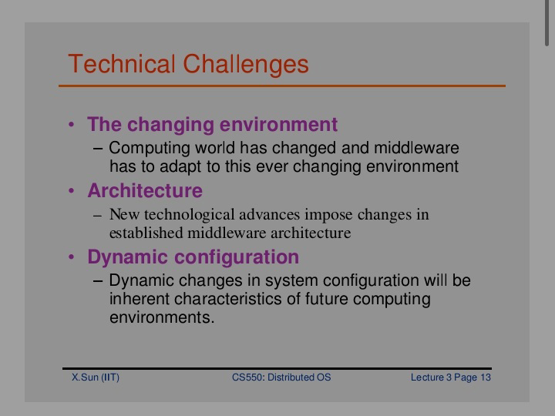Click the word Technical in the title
pos(122,64)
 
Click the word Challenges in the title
pos(246,65)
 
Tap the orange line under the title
pos(282,86)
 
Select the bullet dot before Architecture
pos(72,191)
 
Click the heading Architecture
pos(145,190)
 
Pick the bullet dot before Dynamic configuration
pos(72,257)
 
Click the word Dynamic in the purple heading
pos(127,257)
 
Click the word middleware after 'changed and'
pos(416,147)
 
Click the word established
pos(146,233)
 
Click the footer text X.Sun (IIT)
pos(96,377)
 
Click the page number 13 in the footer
pos(486,377)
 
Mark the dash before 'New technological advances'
pos(98,216)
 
